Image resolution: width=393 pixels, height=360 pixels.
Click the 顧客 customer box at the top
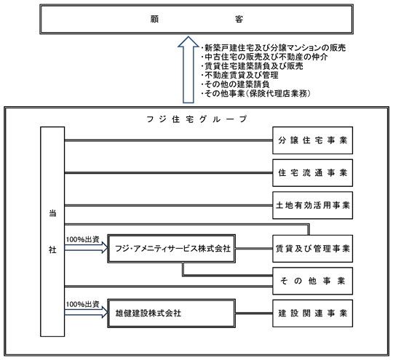tap(196, 19)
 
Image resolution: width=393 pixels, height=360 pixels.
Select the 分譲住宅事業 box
tap(312, 140)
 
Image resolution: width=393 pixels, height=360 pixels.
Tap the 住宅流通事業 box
tap(312, 173)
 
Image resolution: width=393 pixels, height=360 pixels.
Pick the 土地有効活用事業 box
tap(312, 205)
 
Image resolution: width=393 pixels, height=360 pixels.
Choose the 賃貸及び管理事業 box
tap(312, 249)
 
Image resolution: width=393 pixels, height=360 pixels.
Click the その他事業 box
tap(312, 281)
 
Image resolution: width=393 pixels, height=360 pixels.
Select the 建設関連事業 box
tap(312, 313)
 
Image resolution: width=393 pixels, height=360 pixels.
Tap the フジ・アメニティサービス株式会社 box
tap(172, 249)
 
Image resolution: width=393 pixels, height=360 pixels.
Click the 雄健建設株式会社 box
tap(172, 313)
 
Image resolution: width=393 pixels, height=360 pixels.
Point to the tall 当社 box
tap(52, 231)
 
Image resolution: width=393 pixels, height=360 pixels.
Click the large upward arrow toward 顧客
tap(188, 70)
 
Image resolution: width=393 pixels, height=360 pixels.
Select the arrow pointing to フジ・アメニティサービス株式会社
tap(86, 248)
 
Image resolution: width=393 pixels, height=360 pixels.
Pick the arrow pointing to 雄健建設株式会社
tap(86, 313)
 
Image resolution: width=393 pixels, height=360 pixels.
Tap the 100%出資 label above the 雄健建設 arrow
tap(83, 304)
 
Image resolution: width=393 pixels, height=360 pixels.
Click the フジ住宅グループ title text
tap(196, 119)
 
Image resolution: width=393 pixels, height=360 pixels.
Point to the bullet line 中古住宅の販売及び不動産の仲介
tap(265, 57)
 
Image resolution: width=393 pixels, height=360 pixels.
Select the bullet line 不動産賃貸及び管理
tap(240, 75)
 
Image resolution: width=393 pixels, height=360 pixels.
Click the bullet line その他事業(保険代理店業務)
tap(256, 93)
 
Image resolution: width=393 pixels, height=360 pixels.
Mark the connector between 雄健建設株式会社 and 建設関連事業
tap(254, 313)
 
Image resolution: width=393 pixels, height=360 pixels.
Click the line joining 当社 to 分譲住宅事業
tap(168, 140)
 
